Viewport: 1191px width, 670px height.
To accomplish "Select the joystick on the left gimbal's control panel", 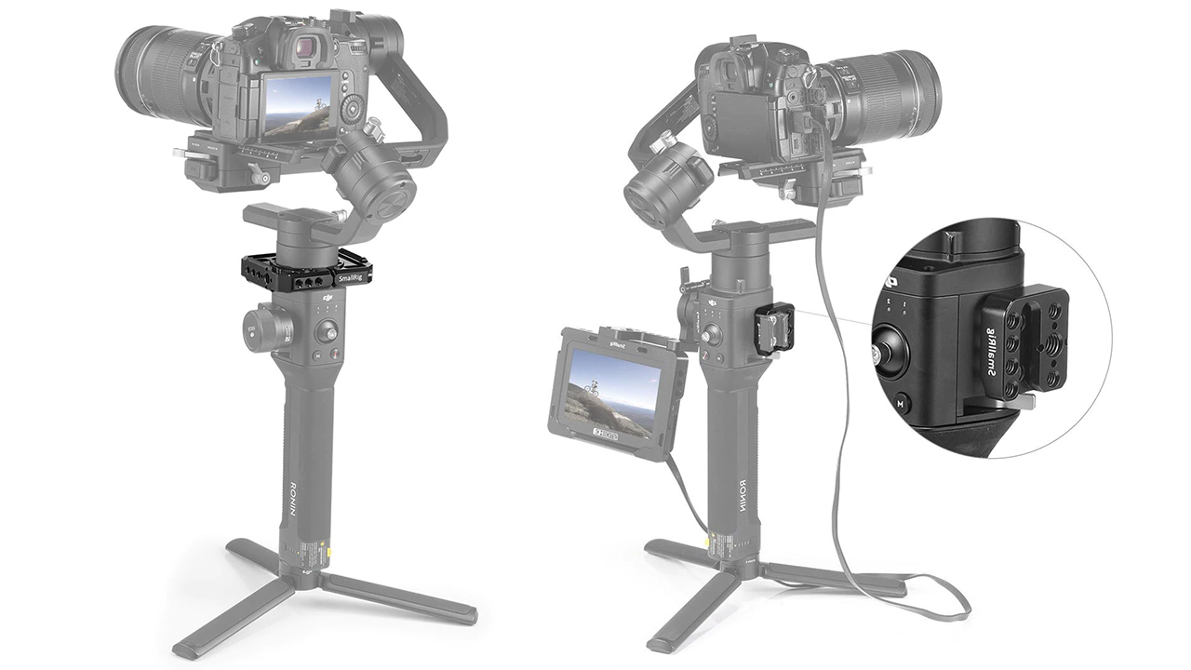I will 328,330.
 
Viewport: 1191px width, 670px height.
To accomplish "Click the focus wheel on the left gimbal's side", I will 260,328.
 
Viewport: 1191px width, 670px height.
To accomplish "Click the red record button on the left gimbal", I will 316,355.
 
